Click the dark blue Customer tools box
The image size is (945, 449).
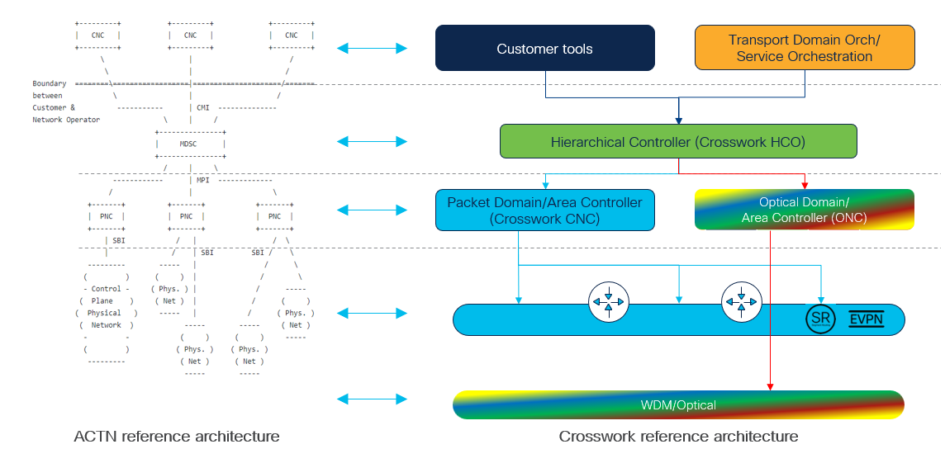(x=545, y=48)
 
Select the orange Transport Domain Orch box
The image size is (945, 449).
(x=805, y=48)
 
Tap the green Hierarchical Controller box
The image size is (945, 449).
(x=678, y=142)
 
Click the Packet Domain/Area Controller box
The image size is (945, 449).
(x=545, y=210)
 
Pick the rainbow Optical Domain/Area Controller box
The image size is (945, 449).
(x=805, y=210)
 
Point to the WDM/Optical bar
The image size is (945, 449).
(x=678, y=405)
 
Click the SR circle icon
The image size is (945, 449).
(x=821, y=319)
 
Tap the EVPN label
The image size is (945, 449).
(x=867, y=319)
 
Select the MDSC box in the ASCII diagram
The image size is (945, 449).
(x=191, y=144)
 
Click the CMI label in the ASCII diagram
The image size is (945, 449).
(x=202, y=108)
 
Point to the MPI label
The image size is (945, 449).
(x=202, y=181)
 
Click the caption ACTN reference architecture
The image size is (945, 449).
(x=177, y=437)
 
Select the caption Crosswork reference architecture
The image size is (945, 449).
(x=679, y=437)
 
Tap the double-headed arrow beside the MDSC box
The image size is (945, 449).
(x=373, y=142)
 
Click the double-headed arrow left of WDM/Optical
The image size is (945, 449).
(x=373, y=399)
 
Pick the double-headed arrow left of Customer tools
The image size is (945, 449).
(x=373, y=48)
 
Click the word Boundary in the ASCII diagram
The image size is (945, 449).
(x=50, y=83)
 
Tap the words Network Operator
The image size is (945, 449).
(x=66, y=120)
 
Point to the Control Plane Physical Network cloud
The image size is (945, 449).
(x=107, y=313)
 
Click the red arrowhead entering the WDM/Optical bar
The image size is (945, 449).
(x=770, y=387)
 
